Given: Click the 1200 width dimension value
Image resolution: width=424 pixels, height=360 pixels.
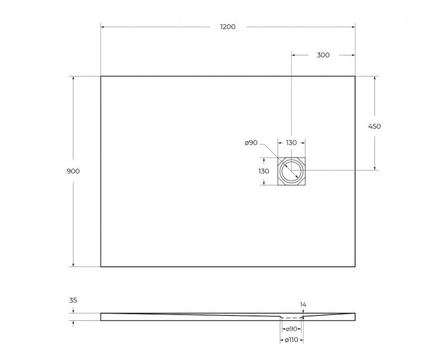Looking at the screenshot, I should coord(228,27).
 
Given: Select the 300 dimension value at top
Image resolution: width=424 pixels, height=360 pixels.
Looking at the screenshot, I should coord(323,55).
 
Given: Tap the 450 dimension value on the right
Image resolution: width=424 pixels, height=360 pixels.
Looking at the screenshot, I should coord(374,126).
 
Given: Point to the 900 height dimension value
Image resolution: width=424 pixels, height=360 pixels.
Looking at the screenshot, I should coord(73,171).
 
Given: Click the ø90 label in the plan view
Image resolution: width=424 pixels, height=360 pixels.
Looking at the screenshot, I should coord(251,142).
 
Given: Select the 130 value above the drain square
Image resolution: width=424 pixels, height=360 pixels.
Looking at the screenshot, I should coord(291,142).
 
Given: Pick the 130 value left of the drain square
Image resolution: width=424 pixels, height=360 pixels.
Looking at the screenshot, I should coord(263,171).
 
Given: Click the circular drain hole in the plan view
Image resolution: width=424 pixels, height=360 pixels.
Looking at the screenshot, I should coord(291,171).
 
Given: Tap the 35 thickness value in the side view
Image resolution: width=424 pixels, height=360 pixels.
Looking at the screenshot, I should coord(73,300).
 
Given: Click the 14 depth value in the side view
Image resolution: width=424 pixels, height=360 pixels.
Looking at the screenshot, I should coord(303,304).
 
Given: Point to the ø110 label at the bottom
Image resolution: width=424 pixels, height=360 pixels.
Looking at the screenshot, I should coord(291,340).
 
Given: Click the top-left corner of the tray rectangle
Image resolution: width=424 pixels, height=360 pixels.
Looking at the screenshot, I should coord(101,76).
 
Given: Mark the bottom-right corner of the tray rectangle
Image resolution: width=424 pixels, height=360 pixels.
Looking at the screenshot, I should coord(355,266).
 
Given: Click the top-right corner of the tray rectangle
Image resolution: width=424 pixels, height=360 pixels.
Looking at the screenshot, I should coord(355,76).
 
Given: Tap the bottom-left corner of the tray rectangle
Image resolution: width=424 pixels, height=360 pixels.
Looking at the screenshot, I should coord(101,266).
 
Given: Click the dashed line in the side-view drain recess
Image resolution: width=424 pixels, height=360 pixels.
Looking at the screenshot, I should coord(291,318).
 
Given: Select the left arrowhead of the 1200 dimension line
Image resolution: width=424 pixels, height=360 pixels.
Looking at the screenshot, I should coord(103,27).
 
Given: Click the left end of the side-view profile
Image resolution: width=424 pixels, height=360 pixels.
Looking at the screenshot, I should coord(102,317).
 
